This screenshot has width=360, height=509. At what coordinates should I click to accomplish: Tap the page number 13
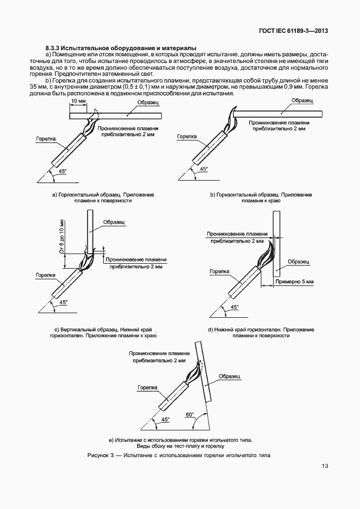325,467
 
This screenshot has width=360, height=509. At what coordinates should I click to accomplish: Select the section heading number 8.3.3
54,49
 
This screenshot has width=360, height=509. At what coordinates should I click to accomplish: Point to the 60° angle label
190,414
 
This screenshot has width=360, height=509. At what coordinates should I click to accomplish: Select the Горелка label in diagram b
186,136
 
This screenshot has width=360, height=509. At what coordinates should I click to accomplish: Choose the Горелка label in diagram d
220,271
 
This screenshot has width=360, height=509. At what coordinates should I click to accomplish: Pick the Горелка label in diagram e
147,386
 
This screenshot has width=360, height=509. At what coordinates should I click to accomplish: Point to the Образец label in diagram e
230,376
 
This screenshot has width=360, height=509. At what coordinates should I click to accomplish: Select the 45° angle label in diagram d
233,307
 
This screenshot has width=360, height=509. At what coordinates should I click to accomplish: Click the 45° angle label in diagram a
61,172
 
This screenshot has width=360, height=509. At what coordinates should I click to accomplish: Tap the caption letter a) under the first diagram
54,195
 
